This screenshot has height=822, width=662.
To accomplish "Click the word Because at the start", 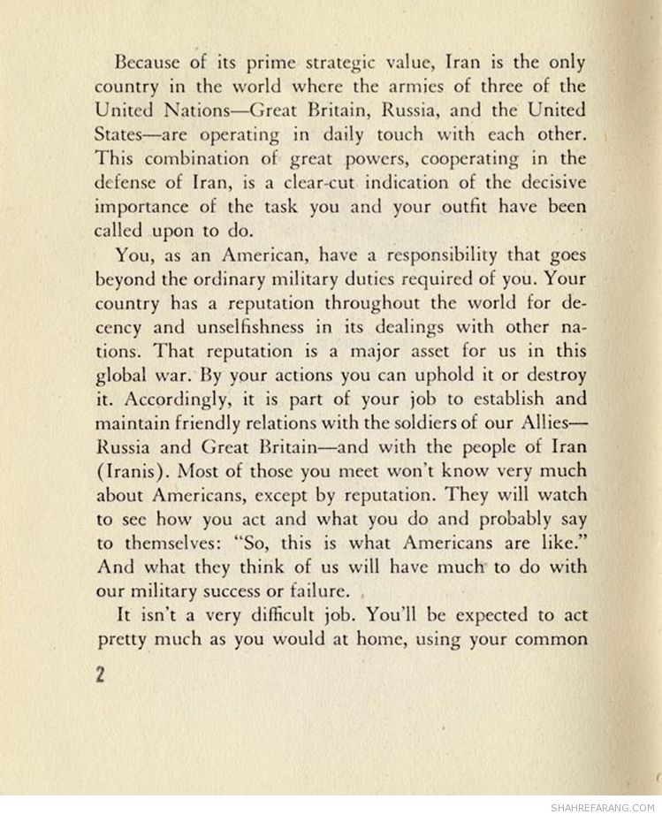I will tap(147, 64).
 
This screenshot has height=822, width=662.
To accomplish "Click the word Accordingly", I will tap(170, 399).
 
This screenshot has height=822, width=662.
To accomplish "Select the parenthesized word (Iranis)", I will tap(129, 471).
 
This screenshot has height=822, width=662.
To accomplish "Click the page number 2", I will tap(101, 675).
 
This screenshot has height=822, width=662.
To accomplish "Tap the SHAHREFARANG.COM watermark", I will tap(602, 808).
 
